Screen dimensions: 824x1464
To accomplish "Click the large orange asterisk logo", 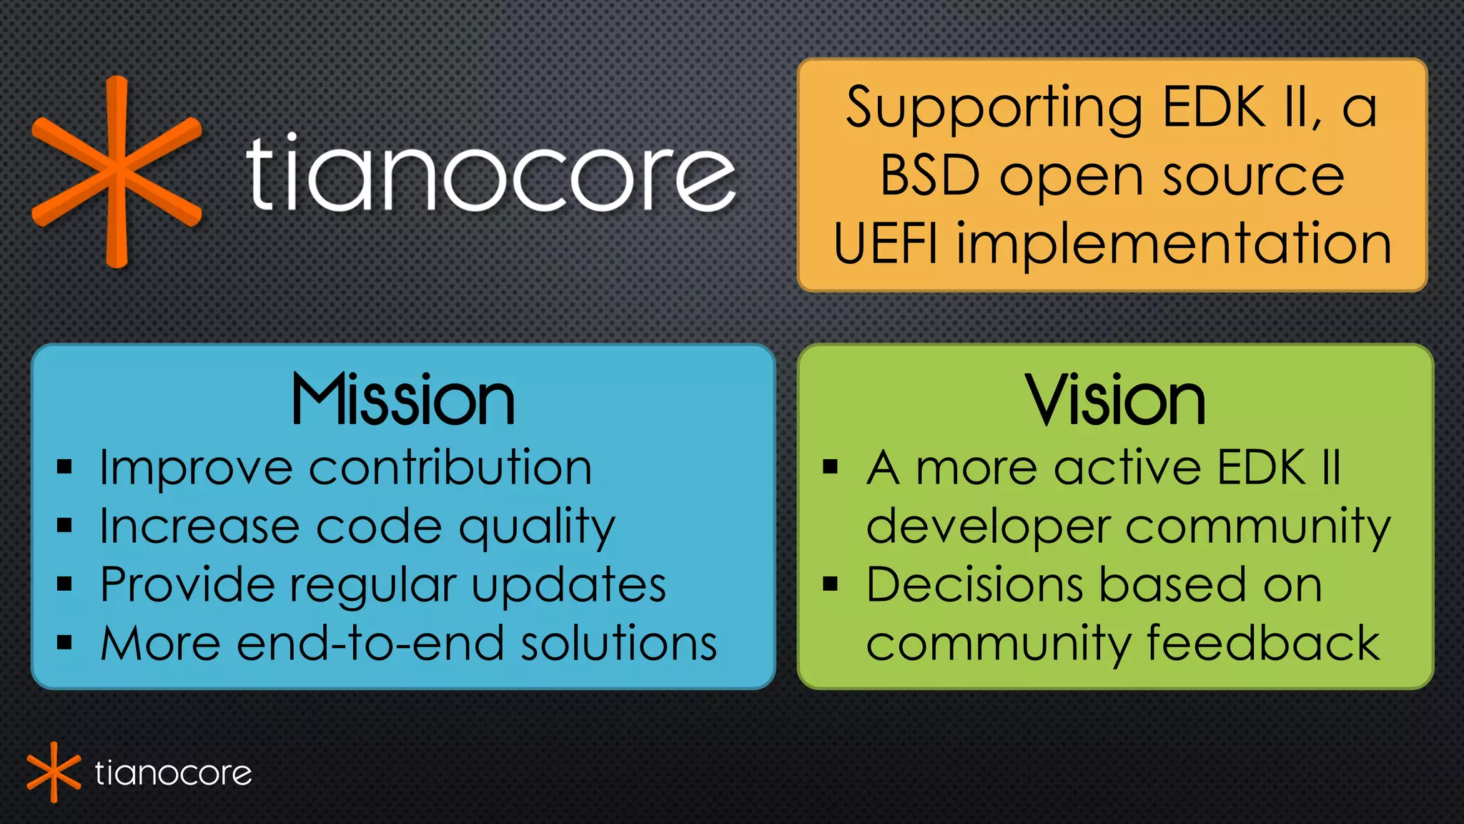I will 117,172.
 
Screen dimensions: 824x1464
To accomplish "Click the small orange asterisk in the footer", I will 54,772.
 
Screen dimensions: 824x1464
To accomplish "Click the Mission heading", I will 403,401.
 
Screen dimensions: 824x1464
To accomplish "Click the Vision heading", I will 1115,401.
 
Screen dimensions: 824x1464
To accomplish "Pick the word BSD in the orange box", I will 929,176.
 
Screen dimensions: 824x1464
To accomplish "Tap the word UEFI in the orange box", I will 885,244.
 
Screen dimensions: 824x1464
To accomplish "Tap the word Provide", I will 187,585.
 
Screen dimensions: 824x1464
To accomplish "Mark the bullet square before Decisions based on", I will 830,584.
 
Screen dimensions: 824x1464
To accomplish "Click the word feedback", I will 1263,644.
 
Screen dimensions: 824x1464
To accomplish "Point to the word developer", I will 987,528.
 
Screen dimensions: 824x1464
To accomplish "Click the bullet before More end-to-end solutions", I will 65,643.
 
